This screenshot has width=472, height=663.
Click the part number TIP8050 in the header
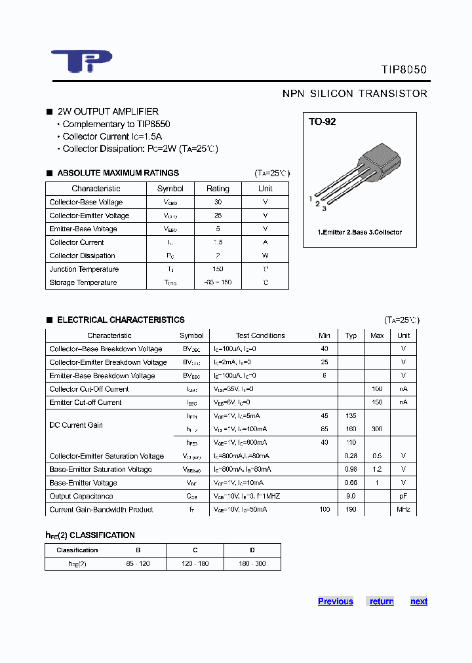point(404,69)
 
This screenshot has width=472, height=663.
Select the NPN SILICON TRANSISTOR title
point(355,94)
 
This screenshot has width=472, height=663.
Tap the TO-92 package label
point(323,122)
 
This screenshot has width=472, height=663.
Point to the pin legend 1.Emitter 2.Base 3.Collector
point(359,232)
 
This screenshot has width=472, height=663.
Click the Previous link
point(335,601)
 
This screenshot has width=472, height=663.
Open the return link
point(382,601)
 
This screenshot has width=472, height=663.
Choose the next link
point(419,601)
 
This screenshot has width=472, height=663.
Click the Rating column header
point(218,189)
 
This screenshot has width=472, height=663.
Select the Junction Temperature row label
point(84,269)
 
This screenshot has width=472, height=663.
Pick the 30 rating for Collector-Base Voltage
point(218,202)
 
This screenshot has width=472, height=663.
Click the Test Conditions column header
point(260,335)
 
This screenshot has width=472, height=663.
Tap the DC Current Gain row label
point(76,425)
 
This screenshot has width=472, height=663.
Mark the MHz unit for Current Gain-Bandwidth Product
point(403,510)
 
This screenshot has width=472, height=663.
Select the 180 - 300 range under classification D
point(252,563)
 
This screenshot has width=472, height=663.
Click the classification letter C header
point(195,550)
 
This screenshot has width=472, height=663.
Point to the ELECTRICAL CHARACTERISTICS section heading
point(121,320)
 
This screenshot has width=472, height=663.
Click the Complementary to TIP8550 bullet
point(116,124)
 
